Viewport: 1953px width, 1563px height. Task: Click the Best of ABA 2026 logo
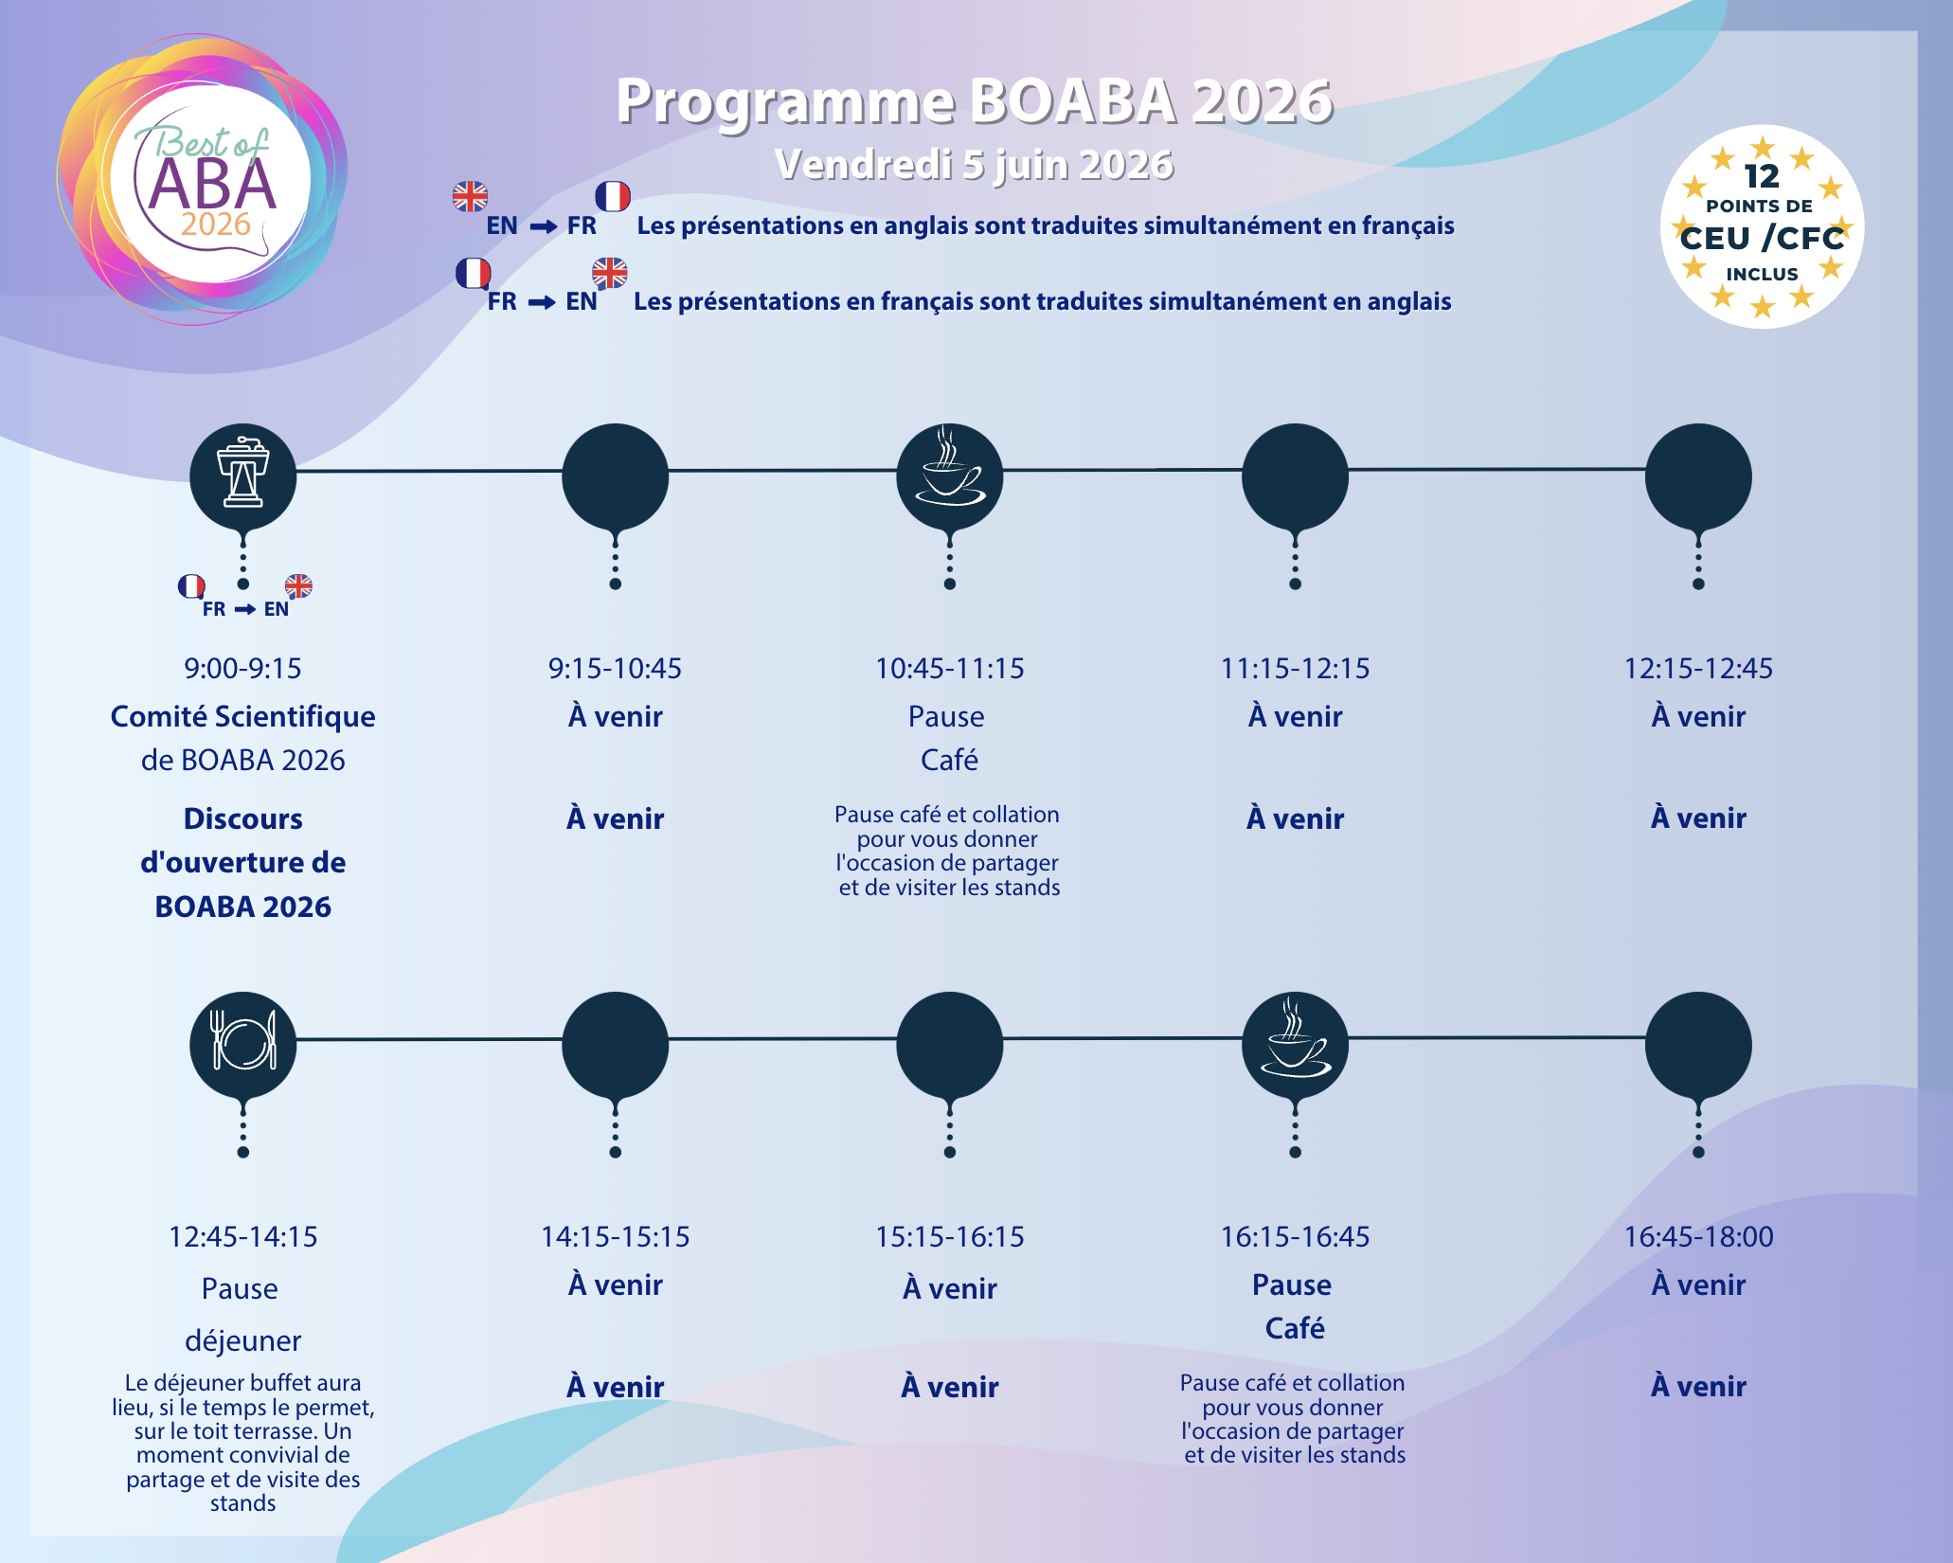click(x=202, y=180)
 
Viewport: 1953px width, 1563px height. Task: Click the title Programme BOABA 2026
click(x=975, y=100)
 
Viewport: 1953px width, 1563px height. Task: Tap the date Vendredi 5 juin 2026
click(x=975, y=165)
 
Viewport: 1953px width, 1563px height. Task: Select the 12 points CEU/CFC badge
click(x=1762, y=226)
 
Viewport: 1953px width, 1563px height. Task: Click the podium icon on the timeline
click(x=242, y=473)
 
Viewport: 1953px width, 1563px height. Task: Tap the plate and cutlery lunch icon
click(x=243, y=1041)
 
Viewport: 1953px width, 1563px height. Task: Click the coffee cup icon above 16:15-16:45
click(x=1295, y=1037)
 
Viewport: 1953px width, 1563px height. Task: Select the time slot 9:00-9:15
click(x=242, y=669)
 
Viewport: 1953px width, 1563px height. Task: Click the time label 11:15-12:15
click(x=1295, y=669)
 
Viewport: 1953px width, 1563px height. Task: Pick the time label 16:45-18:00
click(x=1698, y=1237)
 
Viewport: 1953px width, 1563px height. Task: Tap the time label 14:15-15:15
click(x=615, y=1237)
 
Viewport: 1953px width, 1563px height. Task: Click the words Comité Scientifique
click(x=242, y=717)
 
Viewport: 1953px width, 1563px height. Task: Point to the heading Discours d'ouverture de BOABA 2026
click(x=242, y=862)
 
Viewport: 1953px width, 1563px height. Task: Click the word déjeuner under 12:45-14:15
click(x=242, y=1341)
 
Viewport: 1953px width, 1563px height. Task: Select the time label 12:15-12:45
click(x=1698, y=669)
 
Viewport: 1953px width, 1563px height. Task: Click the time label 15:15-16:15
click(x=950, y=1237)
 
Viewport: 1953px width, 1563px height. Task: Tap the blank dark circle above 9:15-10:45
click(x=616, y=476)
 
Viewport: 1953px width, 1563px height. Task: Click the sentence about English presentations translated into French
click(x=1046, y=225)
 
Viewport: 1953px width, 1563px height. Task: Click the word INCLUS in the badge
click(x=1762, y=275)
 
